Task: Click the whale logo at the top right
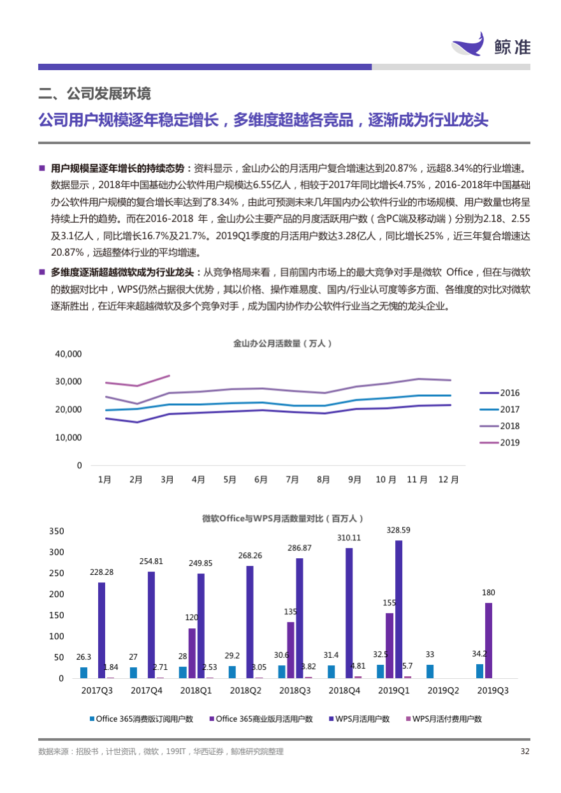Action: [468, 45]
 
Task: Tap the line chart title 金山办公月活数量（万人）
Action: [282, 343]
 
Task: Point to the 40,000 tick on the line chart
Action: [68, 353]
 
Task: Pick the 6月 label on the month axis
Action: [261, 479]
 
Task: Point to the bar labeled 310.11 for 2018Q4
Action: [349, 612]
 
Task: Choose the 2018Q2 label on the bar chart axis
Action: [246, 690]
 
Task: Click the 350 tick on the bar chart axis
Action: [57, 531]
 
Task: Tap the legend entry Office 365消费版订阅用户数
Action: [141, 719]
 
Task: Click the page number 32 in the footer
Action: [525, 752]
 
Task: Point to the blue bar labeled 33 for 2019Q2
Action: [430, 671]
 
